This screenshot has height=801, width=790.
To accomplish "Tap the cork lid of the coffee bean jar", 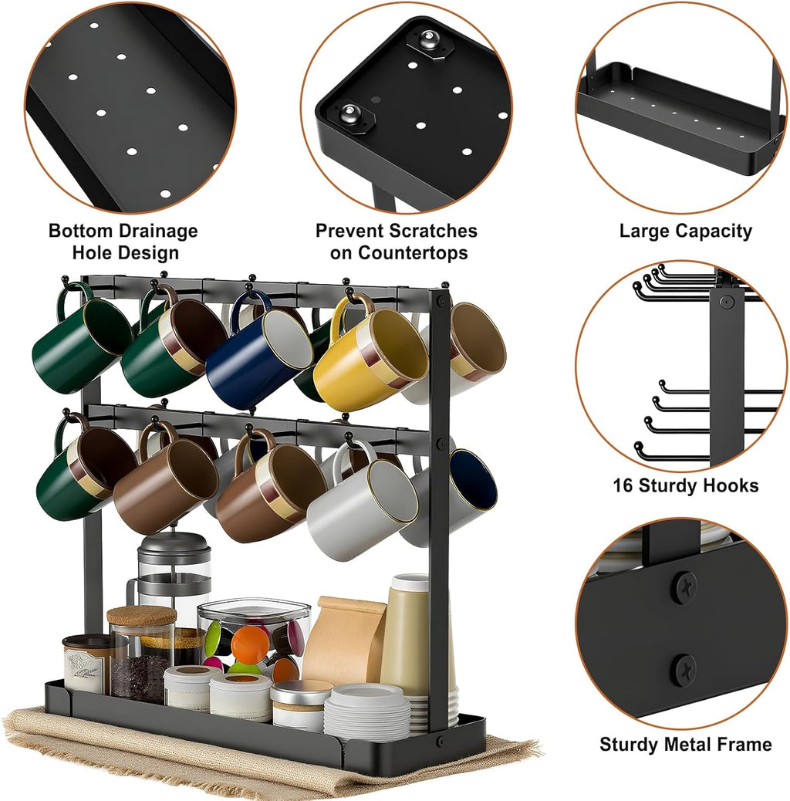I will pos(141,616).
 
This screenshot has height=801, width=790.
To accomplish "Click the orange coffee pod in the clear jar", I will pos(248,644).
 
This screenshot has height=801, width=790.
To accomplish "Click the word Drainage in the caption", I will pos(157,232).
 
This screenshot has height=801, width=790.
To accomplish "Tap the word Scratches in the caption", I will pos(433,232).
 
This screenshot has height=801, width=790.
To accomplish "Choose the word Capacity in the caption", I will pos(715,231).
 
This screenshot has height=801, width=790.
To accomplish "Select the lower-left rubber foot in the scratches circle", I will pos(351,117).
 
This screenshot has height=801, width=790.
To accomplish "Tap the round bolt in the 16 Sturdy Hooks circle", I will pos(726,302).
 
